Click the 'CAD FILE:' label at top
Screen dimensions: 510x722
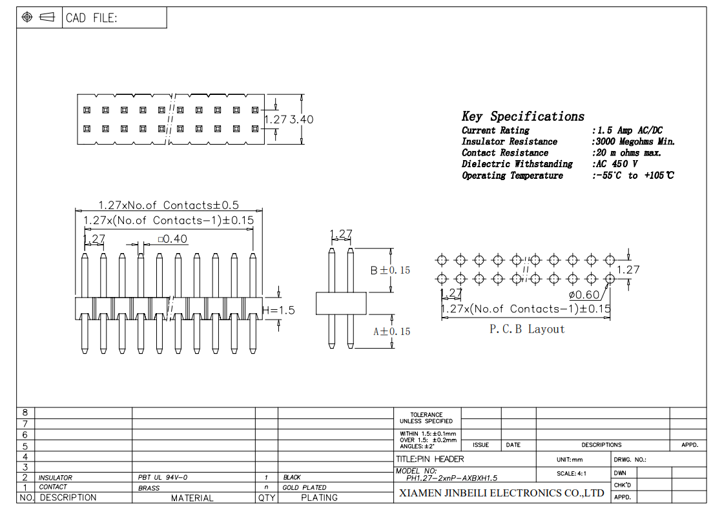(x=91, y=18)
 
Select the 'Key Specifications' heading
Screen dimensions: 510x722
(x=522, y=117)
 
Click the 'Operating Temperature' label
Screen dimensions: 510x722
(x=512, y=176)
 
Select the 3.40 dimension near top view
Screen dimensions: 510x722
(x=302, y=119)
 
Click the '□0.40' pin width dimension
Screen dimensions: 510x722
(x=172, y=239)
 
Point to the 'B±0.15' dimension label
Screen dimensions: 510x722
(x=390, y=270)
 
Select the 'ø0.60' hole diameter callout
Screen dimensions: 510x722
(x=584, y=294)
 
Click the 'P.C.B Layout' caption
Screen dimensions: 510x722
(x=526, y=329)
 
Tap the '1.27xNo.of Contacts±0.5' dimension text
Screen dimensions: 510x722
(x=169, y=205)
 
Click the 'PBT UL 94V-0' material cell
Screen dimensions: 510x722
(x=163, y=478)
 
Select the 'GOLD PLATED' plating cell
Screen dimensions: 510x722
(x=304, y=487)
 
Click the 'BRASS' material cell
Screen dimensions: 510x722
(x=149, y=488)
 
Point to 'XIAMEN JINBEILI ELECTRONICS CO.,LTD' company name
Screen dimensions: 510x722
(x=502, y=493)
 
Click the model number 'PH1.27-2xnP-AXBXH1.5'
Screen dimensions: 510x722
(x=451, y=478)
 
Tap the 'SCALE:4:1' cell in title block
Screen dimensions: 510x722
(x=572, y=474)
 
